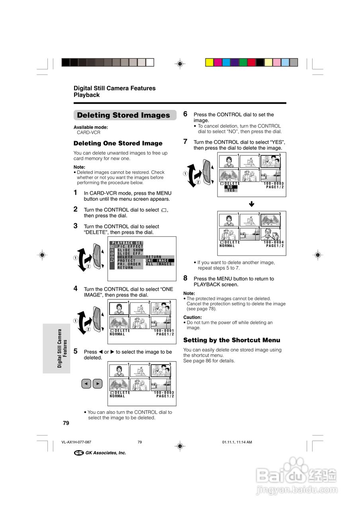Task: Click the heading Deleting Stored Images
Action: coord(123,115)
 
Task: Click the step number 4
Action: coord(76,288)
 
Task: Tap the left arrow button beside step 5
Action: coord(86,384)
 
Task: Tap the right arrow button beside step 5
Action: coord(98,384)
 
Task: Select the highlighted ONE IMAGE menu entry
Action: coord(159,261)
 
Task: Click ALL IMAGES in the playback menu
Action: coord(159,264)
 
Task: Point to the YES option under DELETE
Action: coord(231,190)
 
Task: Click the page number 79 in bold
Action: coord(66,423)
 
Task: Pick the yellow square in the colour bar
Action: coord(209,62)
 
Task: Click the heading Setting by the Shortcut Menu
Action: coord(231,340)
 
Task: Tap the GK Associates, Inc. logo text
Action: coord(106,453)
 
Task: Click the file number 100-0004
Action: coord(274,242)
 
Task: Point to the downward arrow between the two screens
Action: coord(252,204)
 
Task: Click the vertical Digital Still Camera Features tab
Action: coord(63,348)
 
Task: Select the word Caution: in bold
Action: coord(192,318)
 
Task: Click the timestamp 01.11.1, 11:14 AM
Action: coord(237,442)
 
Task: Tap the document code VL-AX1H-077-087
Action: coord(76,442)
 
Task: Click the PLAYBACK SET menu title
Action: coord(127,243)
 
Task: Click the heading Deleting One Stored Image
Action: coord(118,143)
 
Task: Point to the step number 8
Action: coord(186,278)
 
